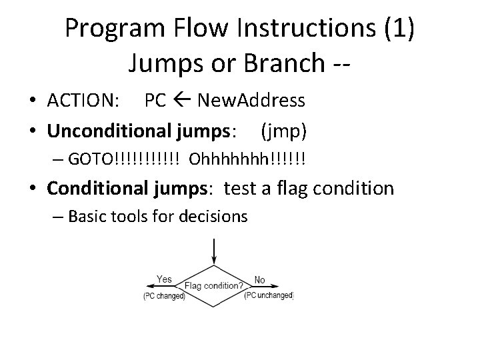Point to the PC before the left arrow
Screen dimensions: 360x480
[155, 101]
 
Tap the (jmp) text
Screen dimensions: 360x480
[284, 131]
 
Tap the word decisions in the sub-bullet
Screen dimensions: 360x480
[214, 216]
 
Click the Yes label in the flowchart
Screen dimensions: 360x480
[164, 280]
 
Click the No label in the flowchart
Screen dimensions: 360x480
[259, 280]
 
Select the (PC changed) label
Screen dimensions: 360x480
[164, 295]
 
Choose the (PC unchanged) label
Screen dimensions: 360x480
[269, 295]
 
